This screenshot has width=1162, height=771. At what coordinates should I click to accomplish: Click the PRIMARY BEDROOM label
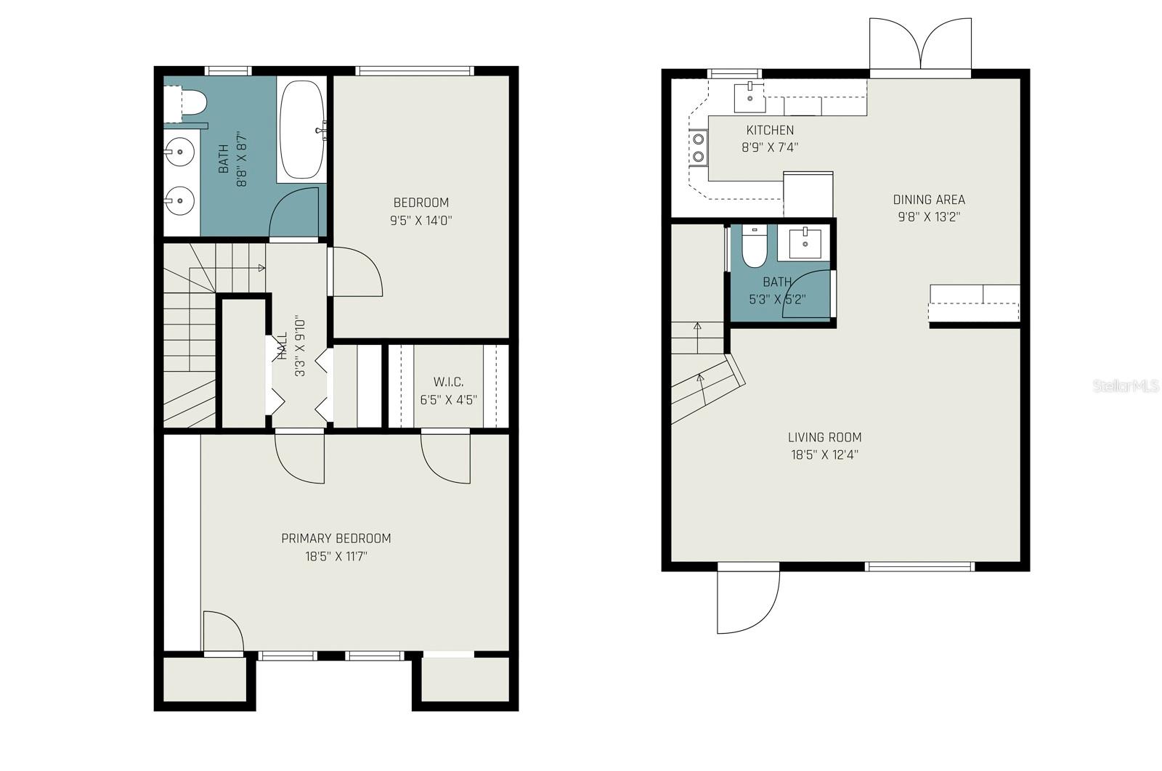click(x=336, y=538)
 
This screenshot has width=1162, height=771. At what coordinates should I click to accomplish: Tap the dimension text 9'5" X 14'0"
click(x=421, y=220)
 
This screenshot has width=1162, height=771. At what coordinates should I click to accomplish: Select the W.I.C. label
click(x=448, y=382)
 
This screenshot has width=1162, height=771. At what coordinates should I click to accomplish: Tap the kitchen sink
click(x=749, y=97)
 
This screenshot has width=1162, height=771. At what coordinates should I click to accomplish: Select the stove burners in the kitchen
click(x=698, y=147)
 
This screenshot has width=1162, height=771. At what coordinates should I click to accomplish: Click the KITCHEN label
click(x=770, y=130)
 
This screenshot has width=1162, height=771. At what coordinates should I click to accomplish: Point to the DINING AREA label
click(x=929, y=200)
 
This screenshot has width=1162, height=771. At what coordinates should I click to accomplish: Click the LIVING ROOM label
click(x=824, y=437)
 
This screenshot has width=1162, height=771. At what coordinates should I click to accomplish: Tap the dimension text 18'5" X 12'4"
click(x=824, y=455)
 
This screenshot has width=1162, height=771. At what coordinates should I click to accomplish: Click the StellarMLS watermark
click(x=1125, y=386)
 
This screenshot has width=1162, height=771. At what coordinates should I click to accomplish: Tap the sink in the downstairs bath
click(x=804, y=242)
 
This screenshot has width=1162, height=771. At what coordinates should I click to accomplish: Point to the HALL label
click(x=283, y=346)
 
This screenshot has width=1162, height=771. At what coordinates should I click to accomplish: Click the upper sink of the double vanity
click(x=178, y=152)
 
